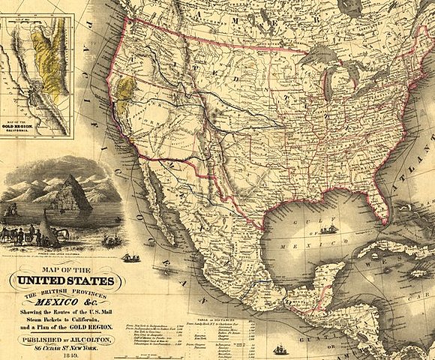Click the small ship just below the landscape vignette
click(131, 257)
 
